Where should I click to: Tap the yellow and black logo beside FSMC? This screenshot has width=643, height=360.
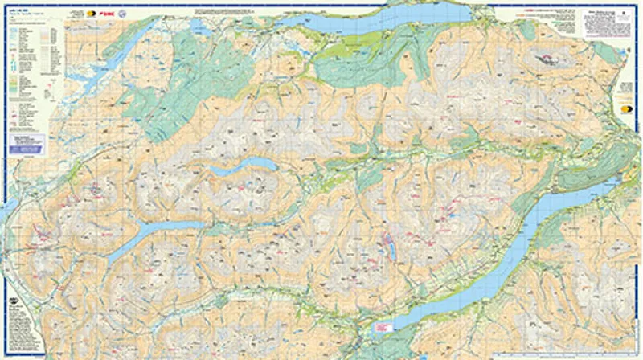click(x=91, y=14)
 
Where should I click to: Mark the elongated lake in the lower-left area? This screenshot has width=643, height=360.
click(x=153, y=233)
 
